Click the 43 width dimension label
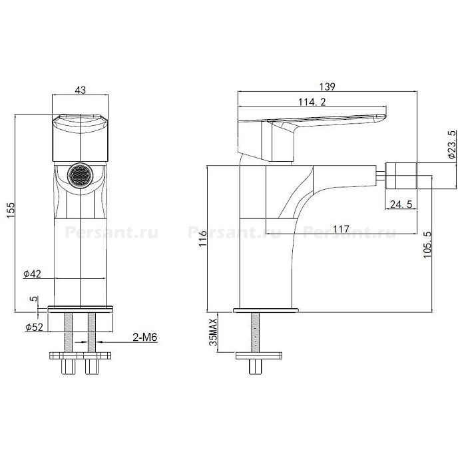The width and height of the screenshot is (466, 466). [81, 90]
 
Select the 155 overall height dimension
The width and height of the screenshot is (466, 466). [11, 210]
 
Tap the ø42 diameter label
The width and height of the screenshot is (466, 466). [32, 274]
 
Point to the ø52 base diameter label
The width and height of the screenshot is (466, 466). [34, 328]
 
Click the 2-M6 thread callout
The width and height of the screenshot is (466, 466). [144, 338]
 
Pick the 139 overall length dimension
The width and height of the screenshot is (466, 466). [327, 87]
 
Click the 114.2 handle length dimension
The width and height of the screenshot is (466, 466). [312, 102]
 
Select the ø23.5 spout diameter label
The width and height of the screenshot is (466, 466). [452, 144]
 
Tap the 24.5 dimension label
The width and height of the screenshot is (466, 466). [401, 204]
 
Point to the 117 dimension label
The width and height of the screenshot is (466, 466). [341, 229]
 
